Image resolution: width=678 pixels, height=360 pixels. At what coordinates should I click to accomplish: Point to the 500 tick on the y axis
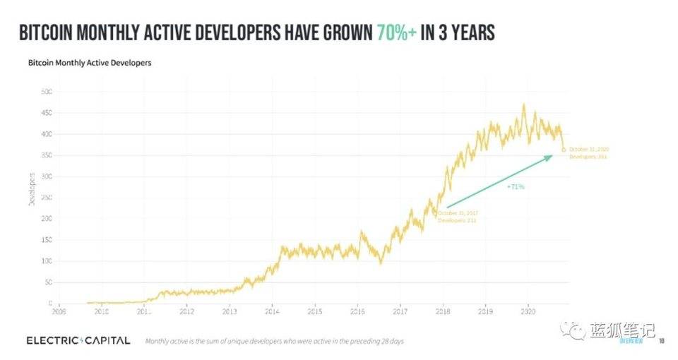tap(47, 92)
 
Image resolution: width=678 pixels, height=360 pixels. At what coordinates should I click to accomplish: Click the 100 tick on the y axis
tap(47, 261)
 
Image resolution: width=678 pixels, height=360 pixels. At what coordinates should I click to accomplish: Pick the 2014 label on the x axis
tap(272, 311)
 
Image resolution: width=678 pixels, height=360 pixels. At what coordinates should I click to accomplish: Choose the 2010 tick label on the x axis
tap(101, 311)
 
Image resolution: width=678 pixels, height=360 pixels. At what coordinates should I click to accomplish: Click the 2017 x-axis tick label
tap(400, 311)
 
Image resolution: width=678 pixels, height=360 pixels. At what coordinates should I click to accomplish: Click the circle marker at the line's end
tap(563, 150)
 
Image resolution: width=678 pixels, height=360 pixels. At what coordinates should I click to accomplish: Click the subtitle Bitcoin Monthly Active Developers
tap(90, 63)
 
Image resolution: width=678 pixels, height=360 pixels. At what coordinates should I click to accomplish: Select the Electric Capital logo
tap(78, 340)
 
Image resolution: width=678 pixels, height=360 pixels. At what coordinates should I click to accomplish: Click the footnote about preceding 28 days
tap(274, 342)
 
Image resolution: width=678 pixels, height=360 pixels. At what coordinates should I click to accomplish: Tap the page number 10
tap(662, 341)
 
